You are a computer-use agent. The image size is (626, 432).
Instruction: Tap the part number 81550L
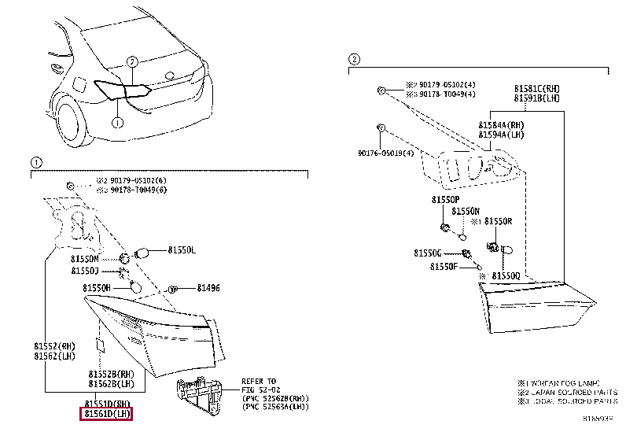click(182, 250)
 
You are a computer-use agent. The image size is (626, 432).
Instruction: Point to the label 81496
click(208, 288)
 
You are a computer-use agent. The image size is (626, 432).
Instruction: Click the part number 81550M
click(86, 258)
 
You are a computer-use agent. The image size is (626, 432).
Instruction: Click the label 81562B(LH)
click(111, 383)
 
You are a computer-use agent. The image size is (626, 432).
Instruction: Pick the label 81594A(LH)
click(502, 135)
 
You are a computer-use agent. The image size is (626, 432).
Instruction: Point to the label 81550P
click(446, 200)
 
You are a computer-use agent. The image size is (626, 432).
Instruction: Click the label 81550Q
click(506, 276)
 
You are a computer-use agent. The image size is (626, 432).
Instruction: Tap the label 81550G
click(429, 253)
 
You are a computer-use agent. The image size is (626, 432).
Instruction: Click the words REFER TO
click(259, 380)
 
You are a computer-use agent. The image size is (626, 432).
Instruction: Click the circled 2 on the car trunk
click(132, 61)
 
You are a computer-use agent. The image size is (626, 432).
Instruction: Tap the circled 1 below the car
click(116, 123)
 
